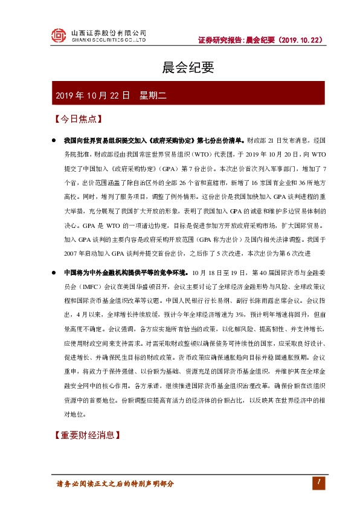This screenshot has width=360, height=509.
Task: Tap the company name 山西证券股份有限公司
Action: pos(109,33)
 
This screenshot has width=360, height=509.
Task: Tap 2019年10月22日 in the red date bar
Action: pos(92,96)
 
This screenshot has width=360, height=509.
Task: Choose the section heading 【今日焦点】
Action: pos(77,118)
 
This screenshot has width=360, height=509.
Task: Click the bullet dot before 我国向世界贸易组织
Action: pos(54,140)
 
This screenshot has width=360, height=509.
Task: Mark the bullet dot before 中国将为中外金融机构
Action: pos(54,272)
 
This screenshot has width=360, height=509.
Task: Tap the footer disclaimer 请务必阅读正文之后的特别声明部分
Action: pos(114,484)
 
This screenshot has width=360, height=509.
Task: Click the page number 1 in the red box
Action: pos(317,482)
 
